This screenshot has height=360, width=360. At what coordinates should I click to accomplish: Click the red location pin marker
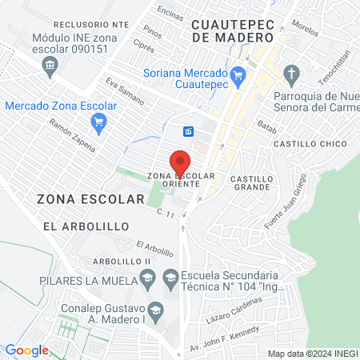pos(182,158)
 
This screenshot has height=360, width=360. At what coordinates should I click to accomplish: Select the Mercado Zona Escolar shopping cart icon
pos(98,122)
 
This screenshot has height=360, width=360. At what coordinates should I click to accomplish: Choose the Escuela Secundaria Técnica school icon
pos(170,278)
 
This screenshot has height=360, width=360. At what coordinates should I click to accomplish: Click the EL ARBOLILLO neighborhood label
pos(87,226)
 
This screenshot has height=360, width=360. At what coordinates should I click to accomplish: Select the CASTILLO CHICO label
pos(310,143)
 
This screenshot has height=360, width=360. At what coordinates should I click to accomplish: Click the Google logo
pos(26,350)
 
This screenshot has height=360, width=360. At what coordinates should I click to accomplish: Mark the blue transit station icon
pos(189,131)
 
